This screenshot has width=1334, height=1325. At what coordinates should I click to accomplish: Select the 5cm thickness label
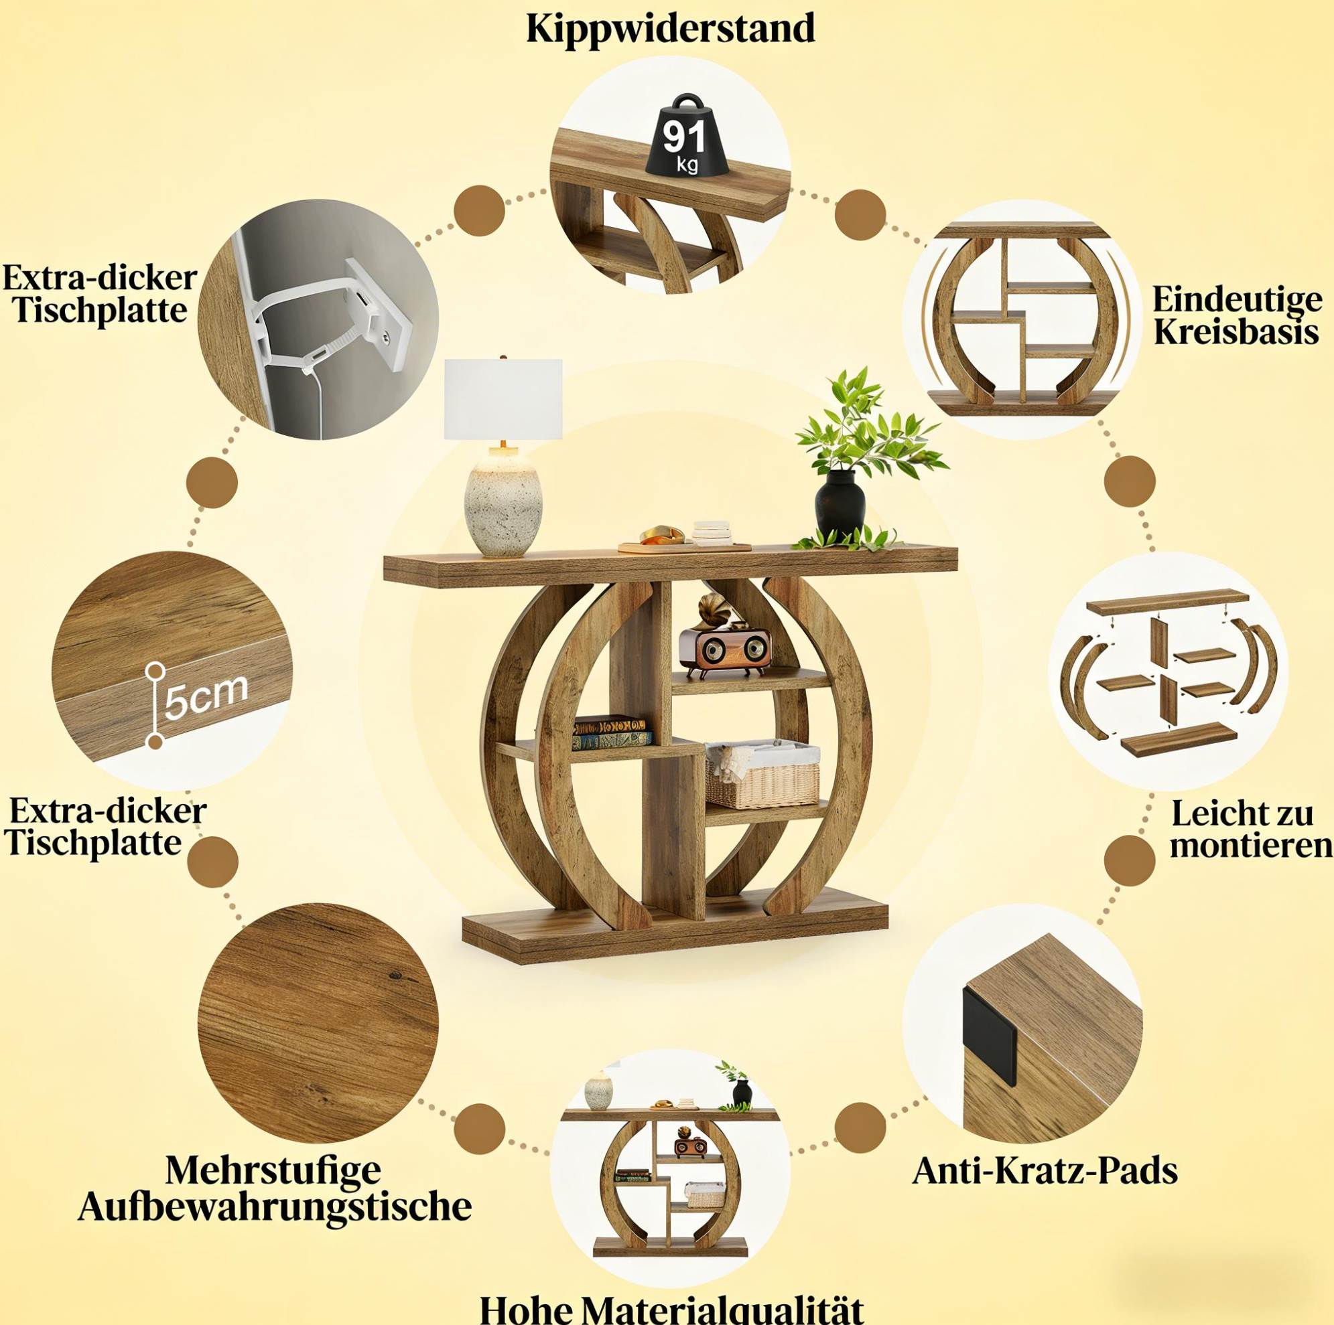coord(205,696)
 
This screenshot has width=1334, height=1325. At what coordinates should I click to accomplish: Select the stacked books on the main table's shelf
coord(611,733)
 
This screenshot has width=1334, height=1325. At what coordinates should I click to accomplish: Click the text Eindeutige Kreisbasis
coord(1237,316)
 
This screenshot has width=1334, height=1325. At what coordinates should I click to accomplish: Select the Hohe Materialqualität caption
coord(671,1306)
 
